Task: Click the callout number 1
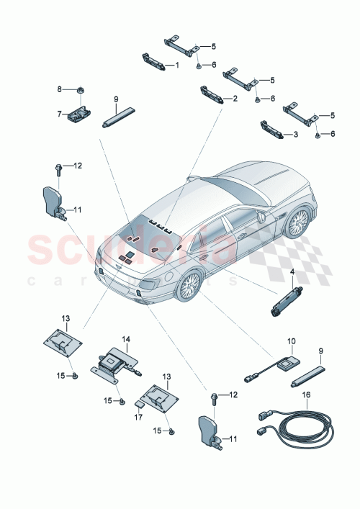coord(177,66)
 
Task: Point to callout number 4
coord(292,272)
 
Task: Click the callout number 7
coord(60,113)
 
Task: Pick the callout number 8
coord(60,89)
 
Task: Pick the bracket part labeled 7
coord(81,114)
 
